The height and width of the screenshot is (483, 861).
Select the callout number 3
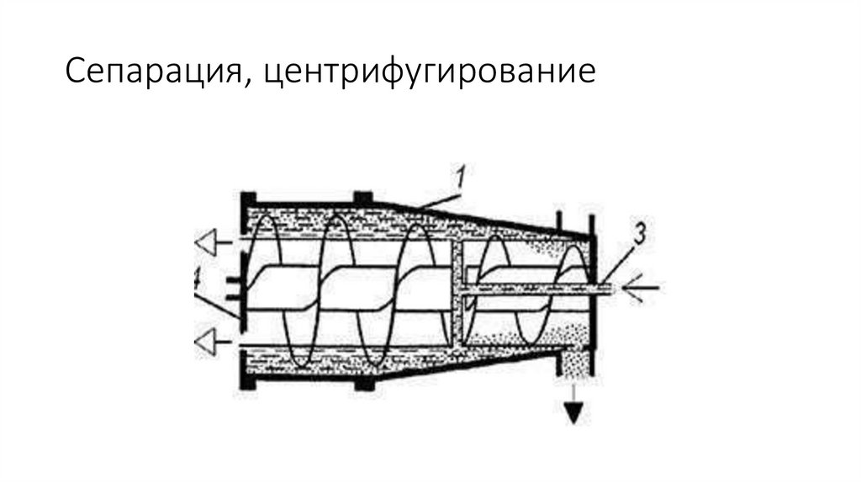640,236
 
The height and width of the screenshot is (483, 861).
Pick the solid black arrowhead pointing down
574,413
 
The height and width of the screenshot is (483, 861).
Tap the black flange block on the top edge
363,197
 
